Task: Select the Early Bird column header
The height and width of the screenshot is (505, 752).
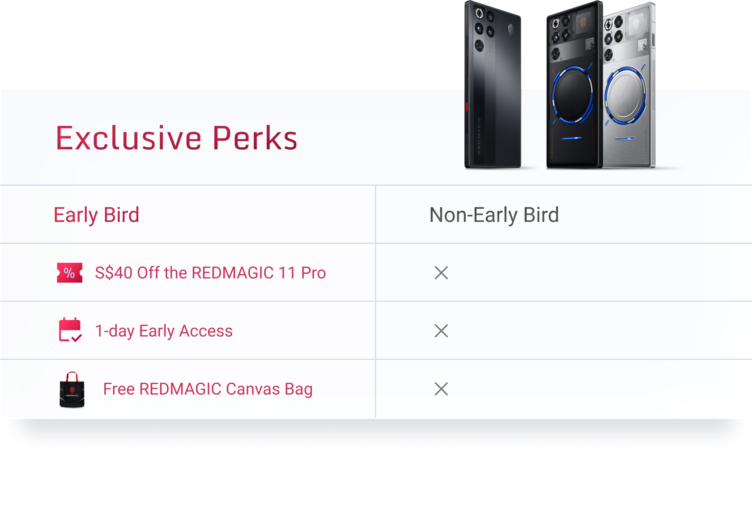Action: [x=96, y=215]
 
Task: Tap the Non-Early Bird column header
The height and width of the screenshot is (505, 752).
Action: [x=494, y=215]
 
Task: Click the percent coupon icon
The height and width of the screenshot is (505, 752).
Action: [x=70, y=273]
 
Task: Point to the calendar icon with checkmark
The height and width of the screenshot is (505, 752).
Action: [x=71, y=330]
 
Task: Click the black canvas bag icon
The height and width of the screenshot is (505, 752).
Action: [x=72, y=390]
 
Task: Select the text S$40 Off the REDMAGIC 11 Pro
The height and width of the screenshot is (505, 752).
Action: [x=210, y=273]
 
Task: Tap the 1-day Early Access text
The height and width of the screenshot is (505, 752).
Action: [x=164, y=331]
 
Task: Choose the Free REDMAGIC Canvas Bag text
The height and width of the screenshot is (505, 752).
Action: [x=208, y=389]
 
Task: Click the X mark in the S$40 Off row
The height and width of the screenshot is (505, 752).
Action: [x=441, y=273]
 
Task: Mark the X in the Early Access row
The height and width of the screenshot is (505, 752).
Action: [x=441, y=331]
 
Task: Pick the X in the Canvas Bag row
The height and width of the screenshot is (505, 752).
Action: [x=441, y=389]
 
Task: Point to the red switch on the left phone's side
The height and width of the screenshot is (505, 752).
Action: [x=466, y=107]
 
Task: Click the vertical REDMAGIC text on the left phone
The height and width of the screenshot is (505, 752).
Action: [x=479, y=136]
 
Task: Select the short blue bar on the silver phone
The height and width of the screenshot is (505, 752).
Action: [x=624, y=139]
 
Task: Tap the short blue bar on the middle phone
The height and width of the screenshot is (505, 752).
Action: [x=572, y=138]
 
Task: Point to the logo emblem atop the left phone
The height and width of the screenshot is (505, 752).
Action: [x=511, y=29]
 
